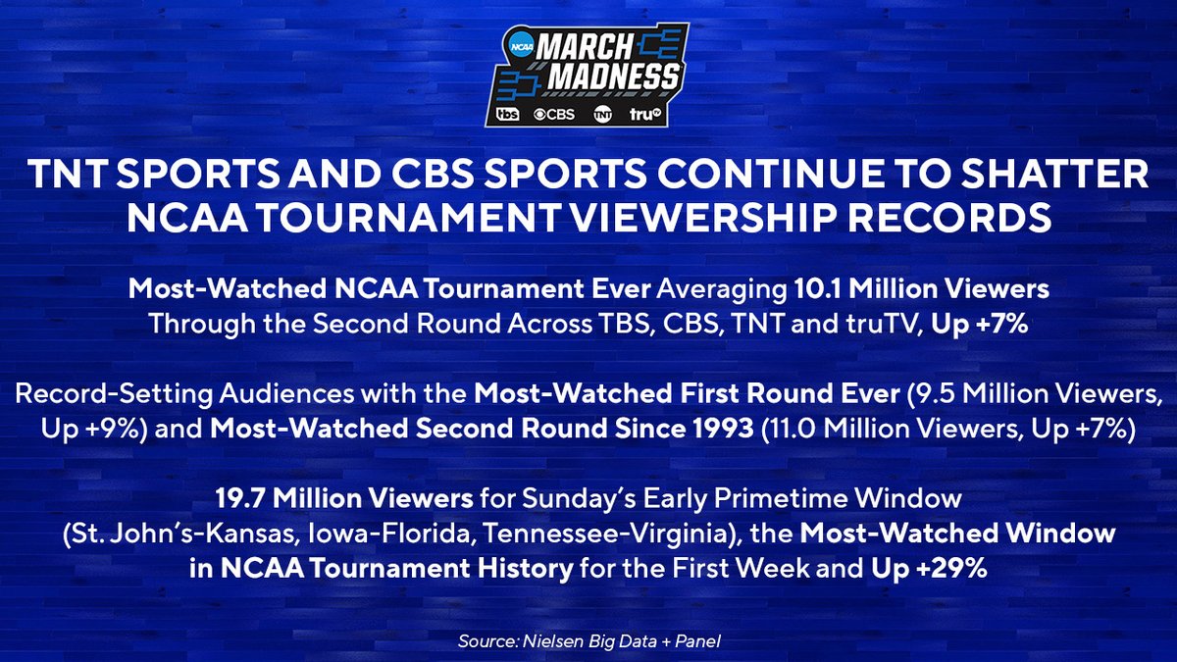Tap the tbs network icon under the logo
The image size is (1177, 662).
click(x=507, y=115)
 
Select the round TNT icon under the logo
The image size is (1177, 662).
click(x=602, y=115)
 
